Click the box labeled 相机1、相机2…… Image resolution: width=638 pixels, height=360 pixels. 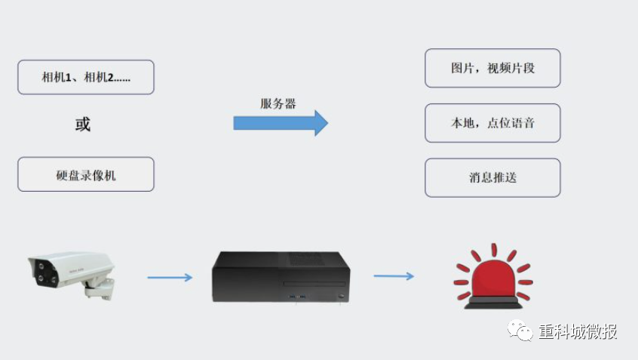(86, 77)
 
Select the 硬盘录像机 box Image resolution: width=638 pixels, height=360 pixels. (86, 174)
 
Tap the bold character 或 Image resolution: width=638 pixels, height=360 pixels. (83, 125)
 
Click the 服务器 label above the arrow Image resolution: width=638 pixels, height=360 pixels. (278, 104)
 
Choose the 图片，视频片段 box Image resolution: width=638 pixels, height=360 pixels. (492, 68)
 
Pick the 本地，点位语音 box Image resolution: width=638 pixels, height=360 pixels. (492, 123)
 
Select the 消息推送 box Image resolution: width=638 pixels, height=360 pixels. (492, 178)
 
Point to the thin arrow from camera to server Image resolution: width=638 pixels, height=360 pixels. (170, 278)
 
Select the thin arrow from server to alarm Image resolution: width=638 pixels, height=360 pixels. (394, 276)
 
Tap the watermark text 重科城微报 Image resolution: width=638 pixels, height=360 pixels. (578, 332)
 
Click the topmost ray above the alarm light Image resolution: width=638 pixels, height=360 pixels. (494, 250)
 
